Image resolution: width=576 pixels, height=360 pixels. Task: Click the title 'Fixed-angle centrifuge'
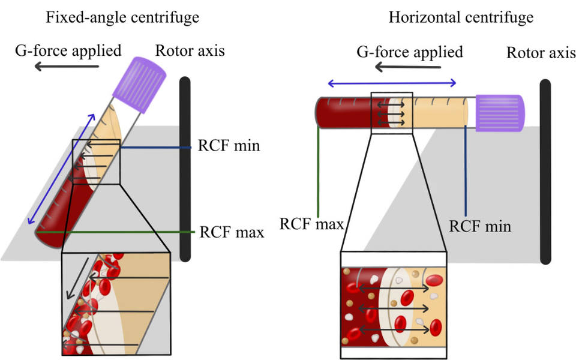point(122,17)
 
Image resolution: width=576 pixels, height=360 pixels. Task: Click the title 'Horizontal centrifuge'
point(461,17)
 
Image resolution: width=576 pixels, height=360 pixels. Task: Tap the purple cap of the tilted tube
point(139,84)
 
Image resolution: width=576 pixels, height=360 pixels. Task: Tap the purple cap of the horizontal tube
point(500,113)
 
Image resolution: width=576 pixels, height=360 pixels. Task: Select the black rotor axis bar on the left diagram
point(185,169)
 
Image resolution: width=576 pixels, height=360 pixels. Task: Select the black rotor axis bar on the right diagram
point(545,172)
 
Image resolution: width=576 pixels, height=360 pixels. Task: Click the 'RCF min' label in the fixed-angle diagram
point(229,145)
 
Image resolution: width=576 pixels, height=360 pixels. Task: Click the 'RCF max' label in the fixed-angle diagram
point(232,232)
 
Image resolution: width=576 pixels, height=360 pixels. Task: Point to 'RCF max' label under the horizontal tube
point(311,224)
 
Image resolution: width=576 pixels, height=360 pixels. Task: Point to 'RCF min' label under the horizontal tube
point(480,226)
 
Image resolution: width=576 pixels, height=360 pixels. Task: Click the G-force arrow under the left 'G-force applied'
point(67,67)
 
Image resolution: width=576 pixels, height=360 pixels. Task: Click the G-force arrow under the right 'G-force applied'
point(407,67)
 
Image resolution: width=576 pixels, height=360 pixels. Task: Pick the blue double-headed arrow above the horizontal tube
point(392,83)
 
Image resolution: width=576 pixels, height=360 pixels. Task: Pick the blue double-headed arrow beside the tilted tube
point(61,169)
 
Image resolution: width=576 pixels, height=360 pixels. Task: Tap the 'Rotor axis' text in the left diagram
point(190,50)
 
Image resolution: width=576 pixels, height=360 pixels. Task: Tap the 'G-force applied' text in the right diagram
point(410,52)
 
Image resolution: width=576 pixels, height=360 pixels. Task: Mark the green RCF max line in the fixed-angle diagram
point(115,232)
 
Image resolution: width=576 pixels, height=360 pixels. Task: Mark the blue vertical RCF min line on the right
point(466,171)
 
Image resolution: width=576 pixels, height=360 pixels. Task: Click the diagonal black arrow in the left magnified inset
point(77,278)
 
